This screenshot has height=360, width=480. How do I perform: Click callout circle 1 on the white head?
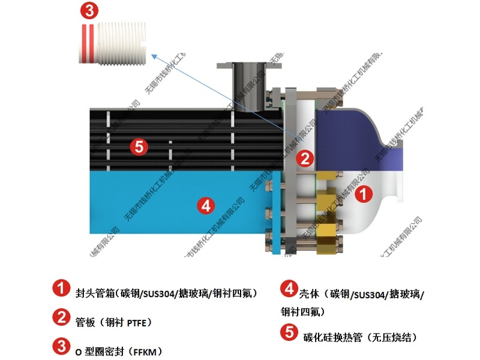click(364, 194)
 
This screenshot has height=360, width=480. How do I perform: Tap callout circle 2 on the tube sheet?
click(305, 158)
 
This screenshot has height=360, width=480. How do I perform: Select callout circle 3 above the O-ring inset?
click(89, 10)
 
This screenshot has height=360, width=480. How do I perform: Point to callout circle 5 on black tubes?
click(139, 146)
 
